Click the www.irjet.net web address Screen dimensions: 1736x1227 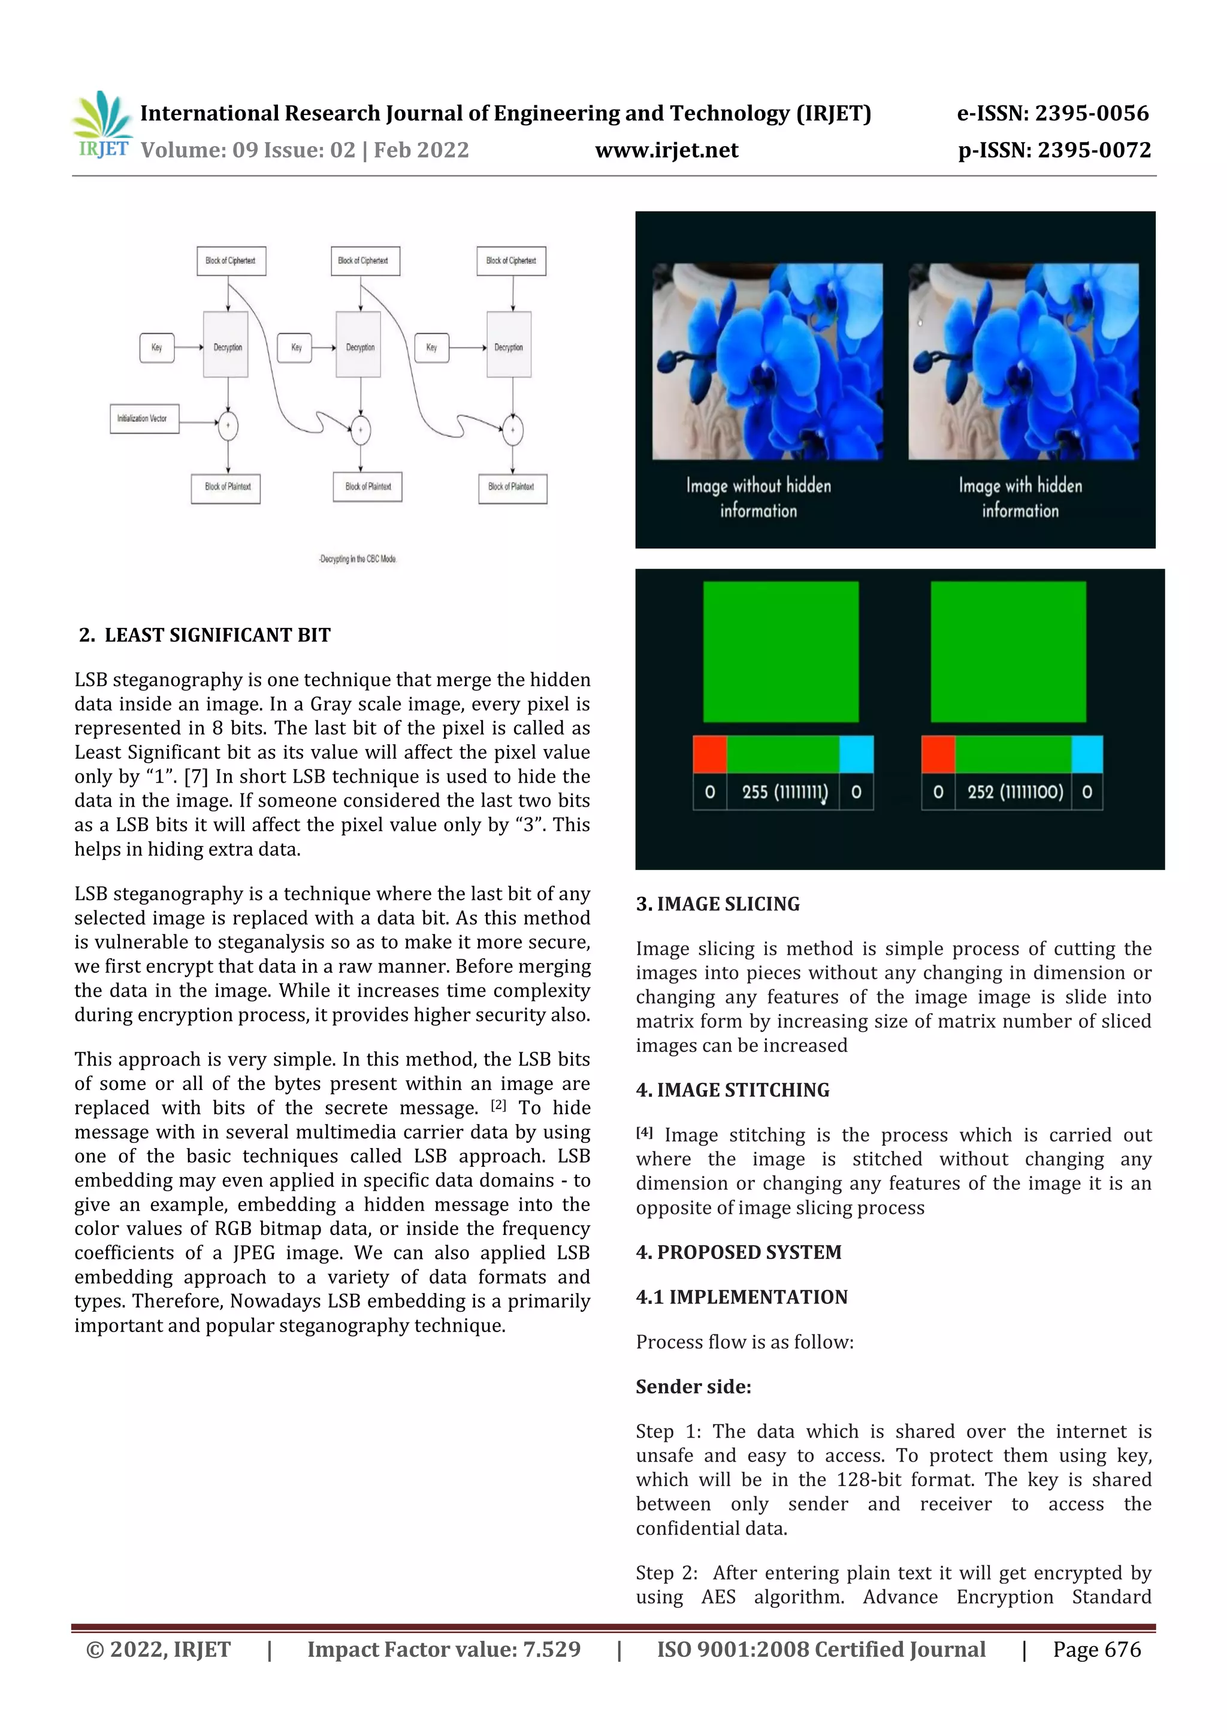tap(666, 150)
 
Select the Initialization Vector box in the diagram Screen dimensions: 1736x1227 tap(144, 418)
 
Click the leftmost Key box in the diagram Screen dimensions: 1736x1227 tap(156, 348)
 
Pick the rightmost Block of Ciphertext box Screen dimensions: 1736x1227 tap(511, 261)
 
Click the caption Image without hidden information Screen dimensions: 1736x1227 tap(758, 497)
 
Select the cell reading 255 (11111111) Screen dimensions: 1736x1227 tap(783, 792)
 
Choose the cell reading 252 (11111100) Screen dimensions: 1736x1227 tap(1014, 792)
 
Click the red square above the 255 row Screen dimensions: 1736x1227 tap(709, 754)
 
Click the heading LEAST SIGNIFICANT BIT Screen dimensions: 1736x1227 tap(217, 635)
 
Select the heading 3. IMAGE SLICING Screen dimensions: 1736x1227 tap(718, 904)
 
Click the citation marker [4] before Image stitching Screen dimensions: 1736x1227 tap(643, 1132)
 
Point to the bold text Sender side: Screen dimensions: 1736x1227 tap(693, 1386)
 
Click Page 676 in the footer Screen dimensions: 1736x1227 tap(1096, 1649)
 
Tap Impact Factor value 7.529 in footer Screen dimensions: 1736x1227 tap(444, 1649)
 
